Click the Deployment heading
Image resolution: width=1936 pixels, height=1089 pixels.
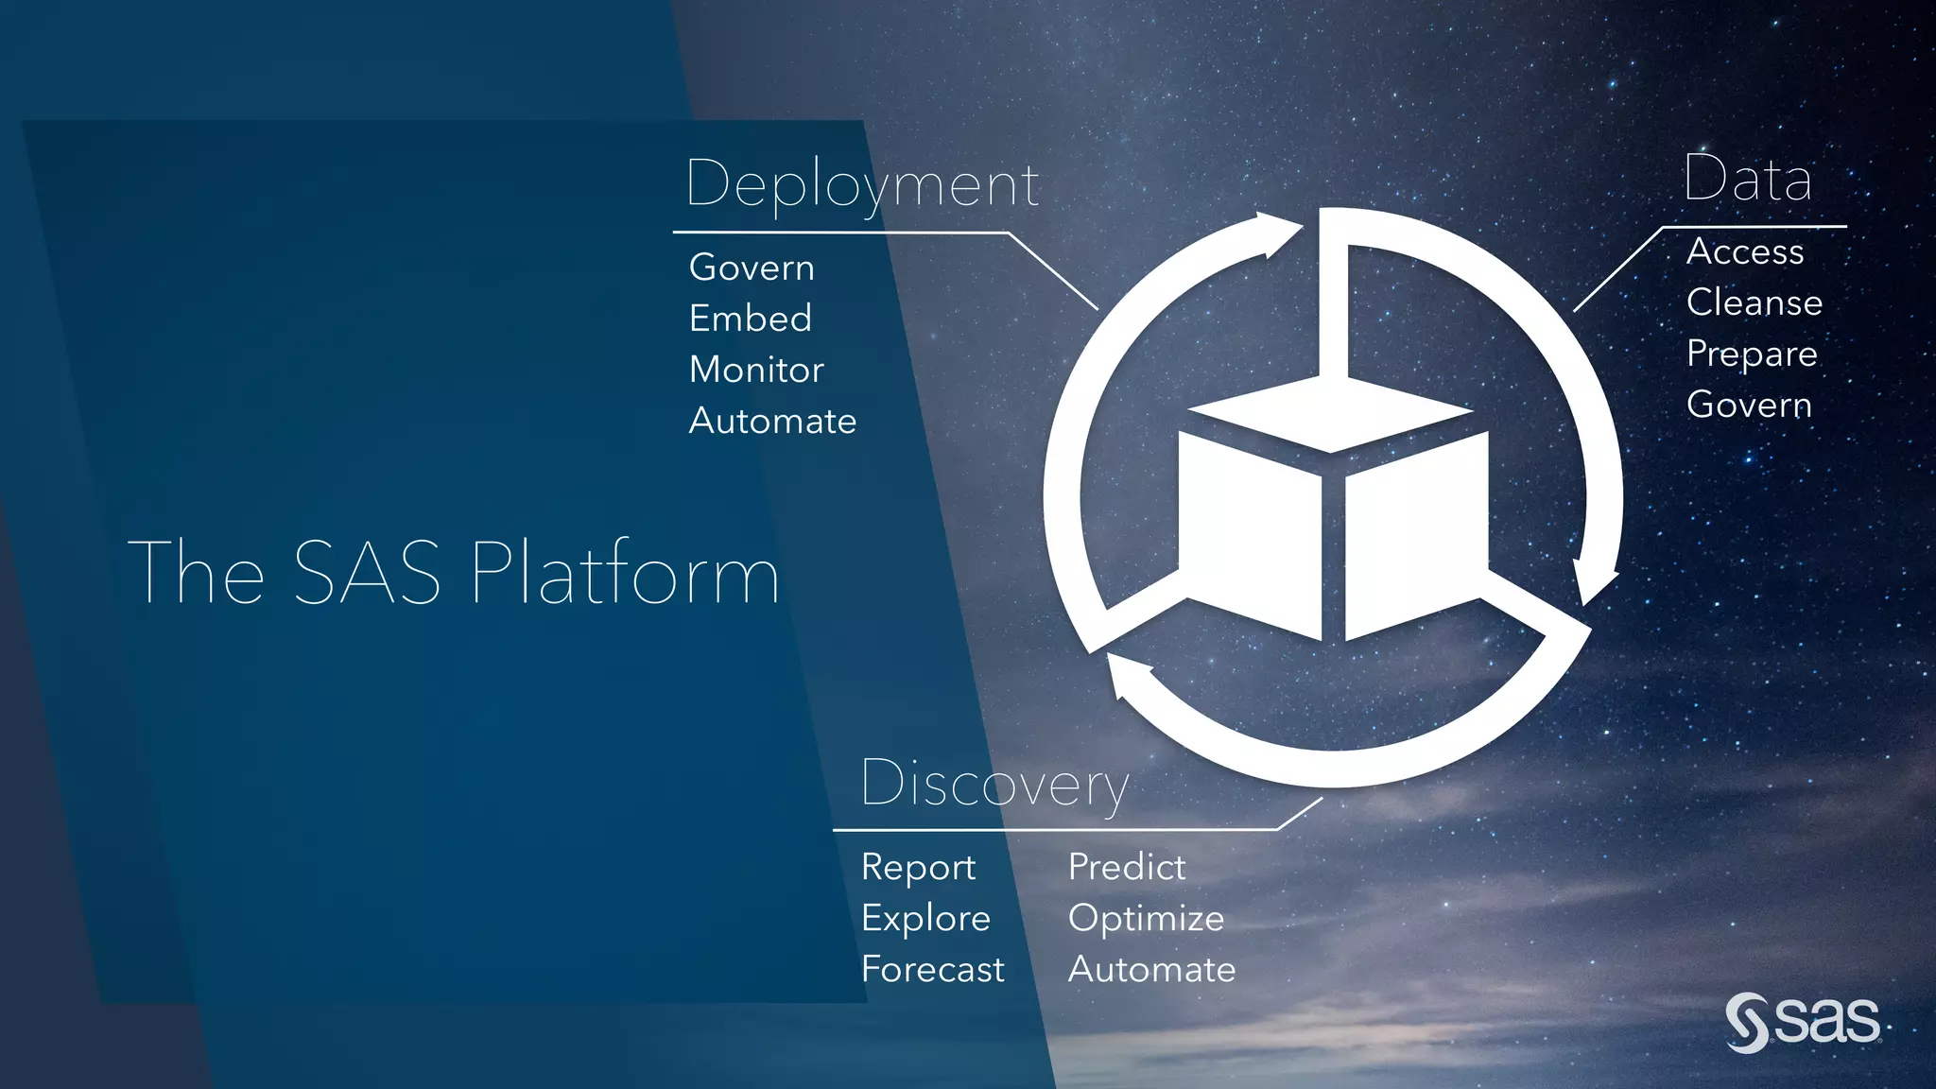click(862, 183)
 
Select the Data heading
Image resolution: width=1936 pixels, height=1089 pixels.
click(1747, 179)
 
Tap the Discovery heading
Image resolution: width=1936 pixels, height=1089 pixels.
click(994, 784)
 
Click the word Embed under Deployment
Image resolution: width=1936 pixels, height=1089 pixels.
click(751, 319)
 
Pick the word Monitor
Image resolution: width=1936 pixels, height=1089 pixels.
click(756, 370)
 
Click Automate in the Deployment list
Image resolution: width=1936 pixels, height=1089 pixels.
click(772, 421)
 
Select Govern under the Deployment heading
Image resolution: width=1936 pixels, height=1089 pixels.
click(752, 268)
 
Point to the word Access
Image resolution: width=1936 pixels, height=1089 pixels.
click(1745, 251)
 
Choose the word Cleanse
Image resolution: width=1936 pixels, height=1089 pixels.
click(1754, 302)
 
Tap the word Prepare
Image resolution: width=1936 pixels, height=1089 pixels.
click(1752, 354)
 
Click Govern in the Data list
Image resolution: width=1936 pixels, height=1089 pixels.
click(1749, 405)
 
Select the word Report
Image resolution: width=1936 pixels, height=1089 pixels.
click(918, 868)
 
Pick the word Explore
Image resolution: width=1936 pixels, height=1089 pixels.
click(925, 919)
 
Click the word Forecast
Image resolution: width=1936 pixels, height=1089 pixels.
click(932, 970)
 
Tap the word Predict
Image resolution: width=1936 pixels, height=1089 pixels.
click(1127, 867)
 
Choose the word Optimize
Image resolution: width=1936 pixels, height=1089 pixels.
click(1146, 919)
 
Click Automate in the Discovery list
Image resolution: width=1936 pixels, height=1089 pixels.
click(1151, 970)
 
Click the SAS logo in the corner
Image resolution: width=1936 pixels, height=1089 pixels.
click(1803, 1023)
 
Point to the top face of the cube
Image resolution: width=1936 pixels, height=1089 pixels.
click(1329, 413)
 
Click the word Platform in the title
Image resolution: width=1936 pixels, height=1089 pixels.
click(624, 573)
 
